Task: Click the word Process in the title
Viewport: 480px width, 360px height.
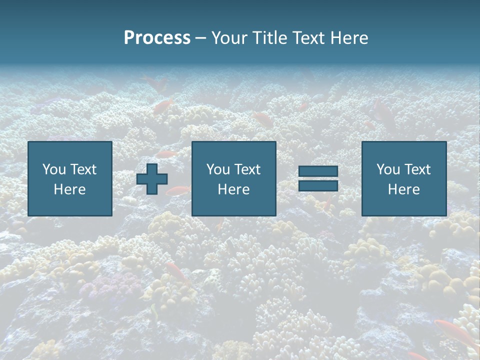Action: [x=157, y=38]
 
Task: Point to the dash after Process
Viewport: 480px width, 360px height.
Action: [x=200, y=38]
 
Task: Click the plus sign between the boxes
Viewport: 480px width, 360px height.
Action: [x=152, y=178]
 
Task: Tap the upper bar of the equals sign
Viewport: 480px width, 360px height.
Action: [x=318, y=171]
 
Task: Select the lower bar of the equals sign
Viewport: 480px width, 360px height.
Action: [x=318, y=185]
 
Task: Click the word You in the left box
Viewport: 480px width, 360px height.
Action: [x=54, y=169]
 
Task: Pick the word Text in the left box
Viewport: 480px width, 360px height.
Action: [x=83, y=169]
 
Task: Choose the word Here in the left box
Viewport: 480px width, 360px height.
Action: [x=69, y=189]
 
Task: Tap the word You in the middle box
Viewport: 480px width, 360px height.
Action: [x=218, y=169]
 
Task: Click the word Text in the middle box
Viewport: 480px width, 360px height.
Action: [x=247, y=169]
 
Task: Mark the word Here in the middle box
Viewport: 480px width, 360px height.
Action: [x=233, y=189]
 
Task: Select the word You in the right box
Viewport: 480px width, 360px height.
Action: [x=388, y=169]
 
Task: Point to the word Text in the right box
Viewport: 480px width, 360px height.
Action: [x=417, y=169]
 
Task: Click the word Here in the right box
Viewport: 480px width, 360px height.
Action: [x=403, y=189]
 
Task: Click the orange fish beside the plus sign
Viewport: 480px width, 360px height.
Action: [x=178, y=190]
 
